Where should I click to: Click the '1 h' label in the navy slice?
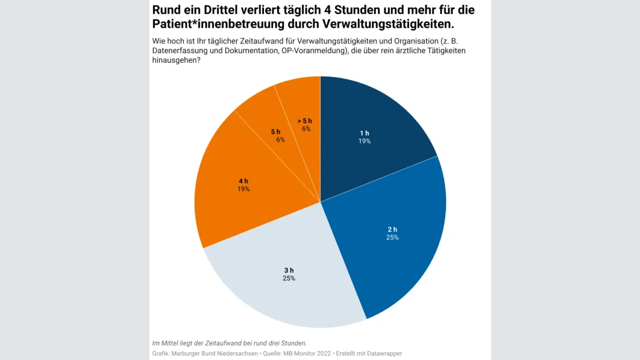(x=364, y=133)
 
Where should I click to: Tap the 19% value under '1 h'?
(x=364, y=141)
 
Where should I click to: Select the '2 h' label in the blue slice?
(x=392, y=229)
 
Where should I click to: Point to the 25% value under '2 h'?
(x=392, y=238)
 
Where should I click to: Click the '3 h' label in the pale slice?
(x=289, y=270)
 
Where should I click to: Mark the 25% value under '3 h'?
(x=289, y=278)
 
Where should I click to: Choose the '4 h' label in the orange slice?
(x=243, y=180)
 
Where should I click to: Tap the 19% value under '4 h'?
(x=243, y=189)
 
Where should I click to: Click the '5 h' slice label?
(x=275, y=131)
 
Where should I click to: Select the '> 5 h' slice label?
(x=306, y=121)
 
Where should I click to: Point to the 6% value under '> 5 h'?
(x=306, y=129)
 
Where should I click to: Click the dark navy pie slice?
(x=374, y=115)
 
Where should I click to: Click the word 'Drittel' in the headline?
(x=221, y=10)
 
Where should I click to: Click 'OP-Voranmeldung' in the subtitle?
(x=313, y=51)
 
